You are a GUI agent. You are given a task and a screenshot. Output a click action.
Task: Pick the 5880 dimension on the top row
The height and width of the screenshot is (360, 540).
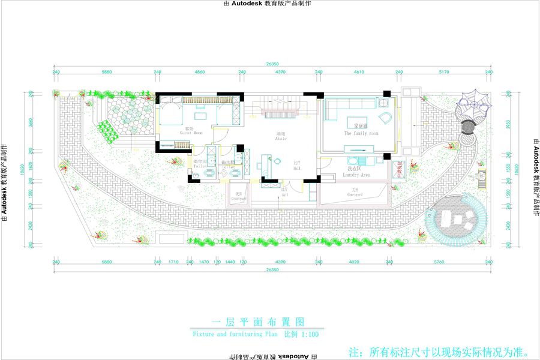(x=107, y=72)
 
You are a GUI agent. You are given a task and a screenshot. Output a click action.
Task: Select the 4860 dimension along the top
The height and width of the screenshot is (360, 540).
(x=200, y=72)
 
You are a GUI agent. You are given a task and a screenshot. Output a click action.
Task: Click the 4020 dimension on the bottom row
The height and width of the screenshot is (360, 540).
(x=353, y=262)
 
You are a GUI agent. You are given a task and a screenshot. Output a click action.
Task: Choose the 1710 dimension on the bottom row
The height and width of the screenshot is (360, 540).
(x=174, y=262)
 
